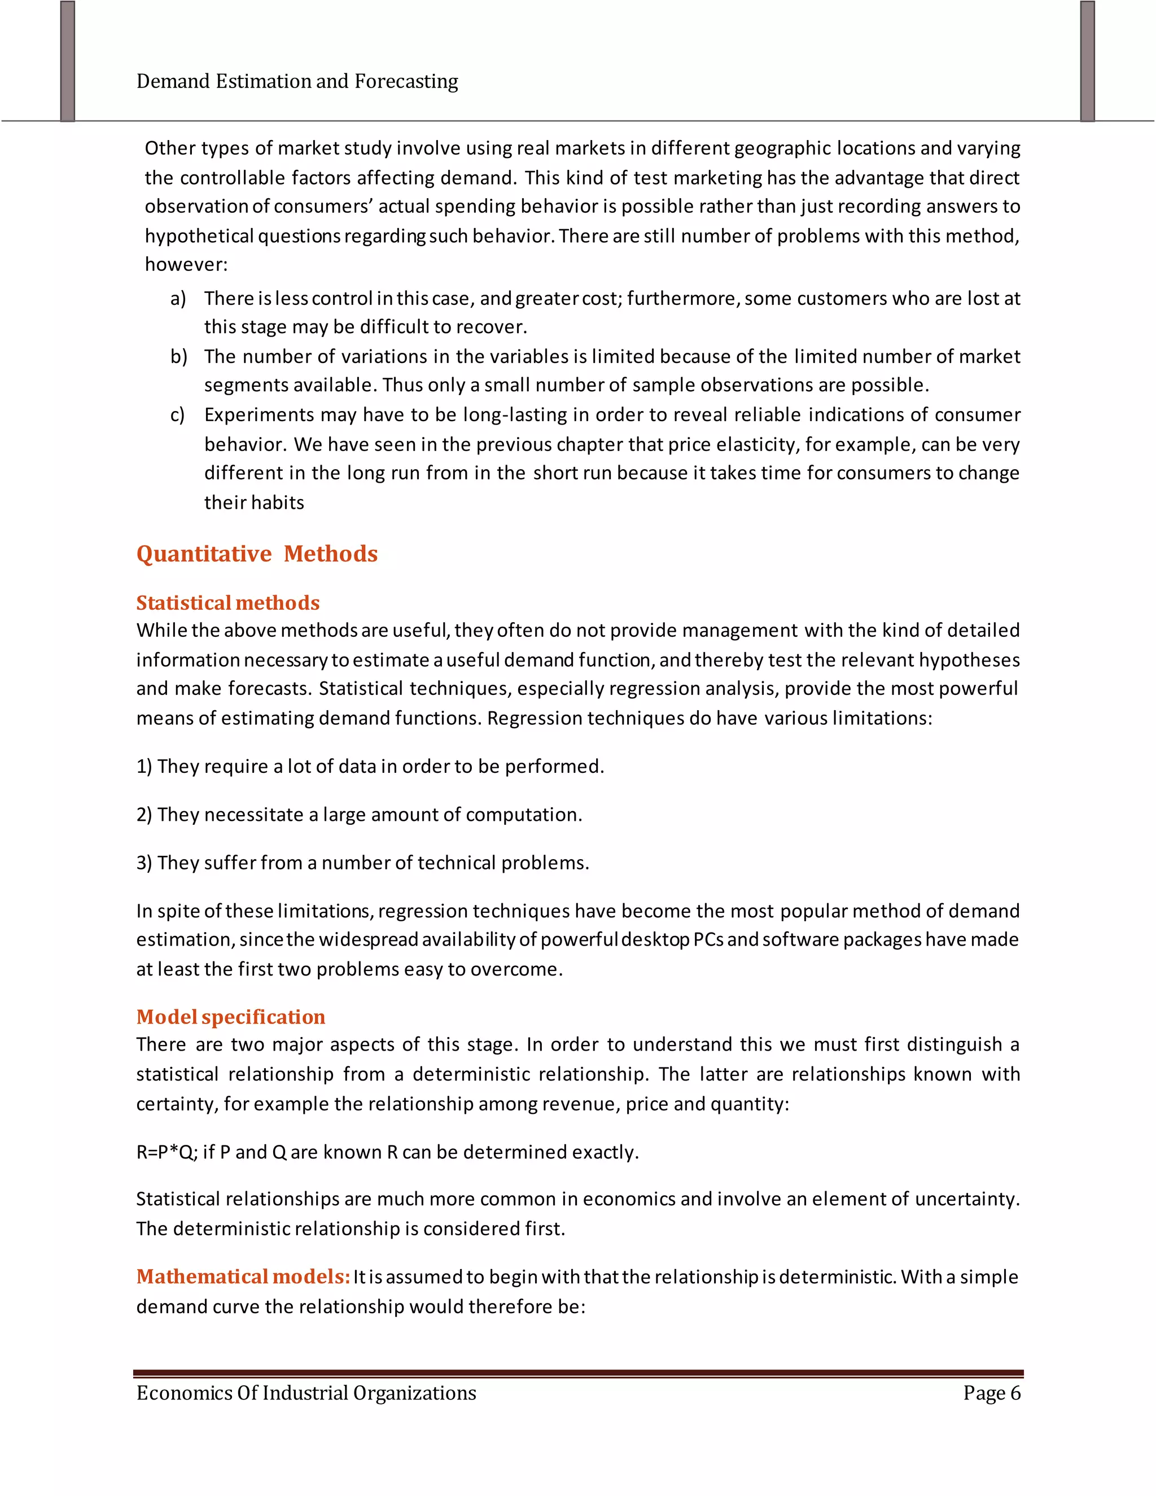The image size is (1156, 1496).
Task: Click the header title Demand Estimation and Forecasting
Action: point(297,81)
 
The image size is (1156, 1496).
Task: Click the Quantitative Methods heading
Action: point(257,553)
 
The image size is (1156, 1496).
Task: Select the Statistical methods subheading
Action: point(228,603)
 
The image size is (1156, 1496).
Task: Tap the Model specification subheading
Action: point(231,1017)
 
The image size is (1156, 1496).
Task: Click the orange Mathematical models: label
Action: point(243,1276)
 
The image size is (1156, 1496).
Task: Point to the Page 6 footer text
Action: point(991,1393)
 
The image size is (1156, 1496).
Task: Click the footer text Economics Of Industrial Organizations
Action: point(306,1393)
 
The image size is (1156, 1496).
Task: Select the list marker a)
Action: point(178,299)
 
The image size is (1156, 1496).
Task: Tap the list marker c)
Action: point(177,415)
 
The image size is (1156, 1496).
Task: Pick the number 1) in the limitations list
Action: point(144,767)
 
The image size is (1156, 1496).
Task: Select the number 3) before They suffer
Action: point(144,863)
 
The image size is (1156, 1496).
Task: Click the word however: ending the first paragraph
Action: point(186,264)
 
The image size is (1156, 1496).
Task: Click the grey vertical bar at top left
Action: point(67,62)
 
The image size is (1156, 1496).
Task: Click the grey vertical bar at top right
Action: point(1088,62)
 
